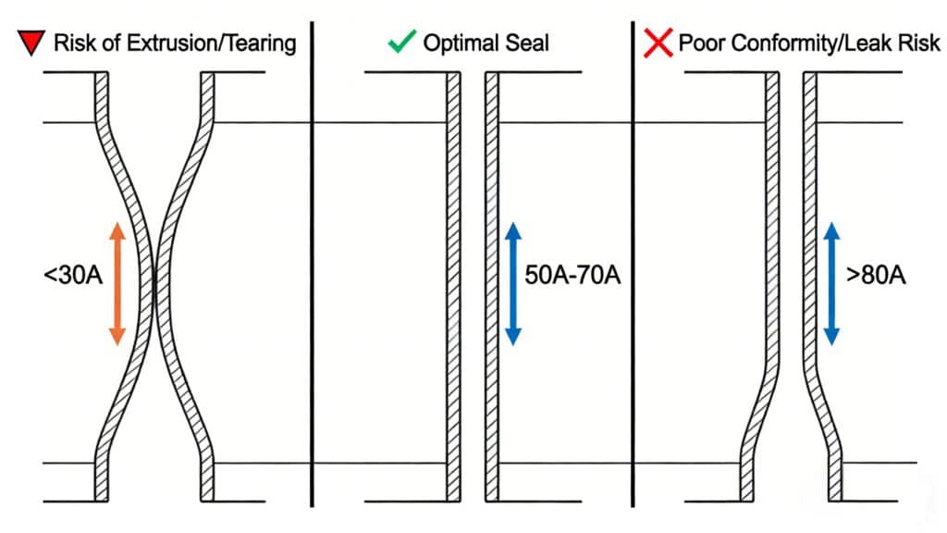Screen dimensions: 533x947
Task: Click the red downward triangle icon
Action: pos(30,43)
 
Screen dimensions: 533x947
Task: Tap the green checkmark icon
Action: pos(401,43)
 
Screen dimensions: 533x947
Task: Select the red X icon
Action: pos(658,43)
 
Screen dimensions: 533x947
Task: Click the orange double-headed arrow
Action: pos(117,283)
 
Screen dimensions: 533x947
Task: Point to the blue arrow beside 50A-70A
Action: pos(513,283)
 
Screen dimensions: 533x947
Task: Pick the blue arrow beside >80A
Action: pos(831,283)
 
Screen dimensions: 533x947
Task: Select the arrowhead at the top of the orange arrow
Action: pos(117,230)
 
